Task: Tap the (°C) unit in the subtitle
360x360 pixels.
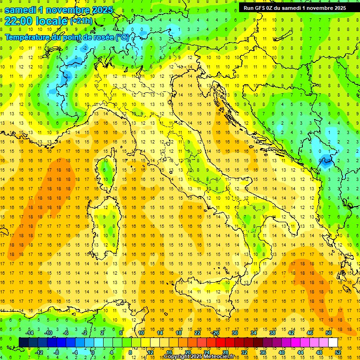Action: coord(122,37)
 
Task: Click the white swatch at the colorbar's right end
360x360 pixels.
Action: coord(333,342)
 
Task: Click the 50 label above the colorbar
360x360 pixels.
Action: coord(328,333)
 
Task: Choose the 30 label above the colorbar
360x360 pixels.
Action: coord(235,333)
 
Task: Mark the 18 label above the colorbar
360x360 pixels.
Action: coord(179,333)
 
